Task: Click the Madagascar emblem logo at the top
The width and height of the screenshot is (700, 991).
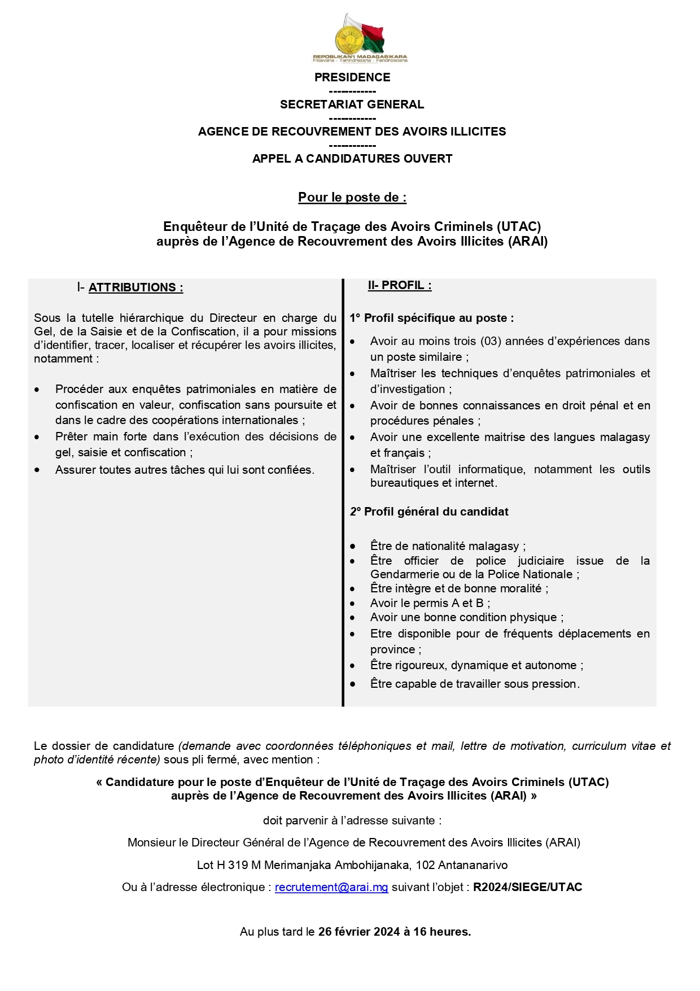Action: pos(360,39)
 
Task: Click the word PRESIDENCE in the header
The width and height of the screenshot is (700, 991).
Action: pos(352,77)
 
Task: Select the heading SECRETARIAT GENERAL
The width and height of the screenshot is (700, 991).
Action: pos(352,104)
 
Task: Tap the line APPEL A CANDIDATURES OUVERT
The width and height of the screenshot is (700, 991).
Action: pos(352,159)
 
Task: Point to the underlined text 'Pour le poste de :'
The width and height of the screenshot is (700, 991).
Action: pos(352,198)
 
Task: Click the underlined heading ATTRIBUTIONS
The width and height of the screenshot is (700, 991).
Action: pos(135,287)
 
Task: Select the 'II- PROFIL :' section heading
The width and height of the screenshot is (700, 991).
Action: pos(400,285)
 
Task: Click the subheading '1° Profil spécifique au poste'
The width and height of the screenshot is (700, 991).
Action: pos(432,318)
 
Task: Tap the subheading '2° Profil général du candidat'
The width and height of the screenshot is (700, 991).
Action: pos(429,512)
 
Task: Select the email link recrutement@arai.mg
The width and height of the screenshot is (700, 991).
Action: pos(331,887)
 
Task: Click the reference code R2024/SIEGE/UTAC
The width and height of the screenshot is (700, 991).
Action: pos(527,887)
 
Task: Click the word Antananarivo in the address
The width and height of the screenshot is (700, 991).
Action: pos(473,865)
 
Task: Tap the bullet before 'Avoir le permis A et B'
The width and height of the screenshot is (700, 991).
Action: pos(353,604)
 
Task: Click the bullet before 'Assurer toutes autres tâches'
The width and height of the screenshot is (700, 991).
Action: pos(37,470)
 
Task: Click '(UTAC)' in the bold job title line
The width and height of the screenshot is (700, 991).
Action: pos(518,226)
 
